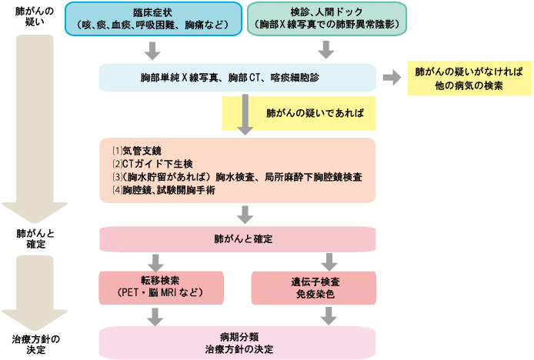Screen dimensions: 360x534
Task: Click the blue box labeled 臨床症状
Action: (153, 17)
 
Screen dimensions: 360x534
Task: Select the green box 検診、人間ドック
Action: (326, 17)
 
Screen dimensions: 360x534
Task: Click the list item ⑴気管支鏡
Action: (137, 150)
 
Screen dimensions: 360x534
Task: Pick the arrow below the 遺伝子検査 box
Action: (331, 314)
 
